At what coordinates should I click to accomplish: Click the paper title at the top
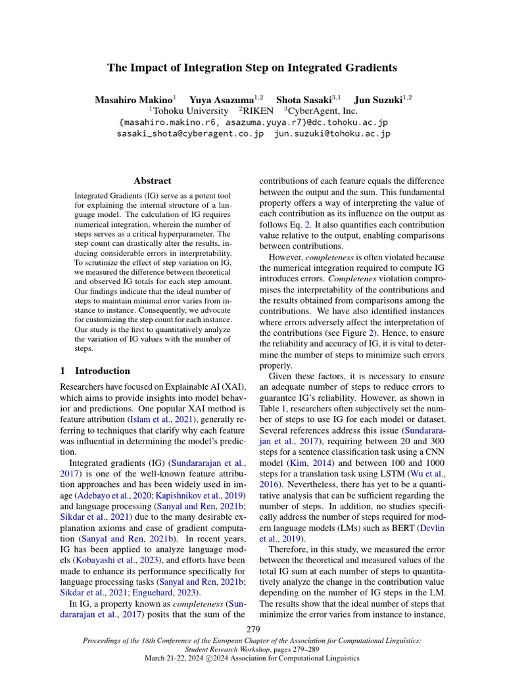(252, 68)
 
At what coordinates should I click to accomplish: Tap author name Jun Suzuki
(379, 100)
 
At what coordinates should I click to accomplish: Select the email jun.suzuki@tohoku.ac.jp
(331, 133)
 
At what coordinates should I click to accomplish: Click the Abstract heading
(152, 181)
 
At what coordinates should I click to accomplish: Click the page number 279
(252, 630)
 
